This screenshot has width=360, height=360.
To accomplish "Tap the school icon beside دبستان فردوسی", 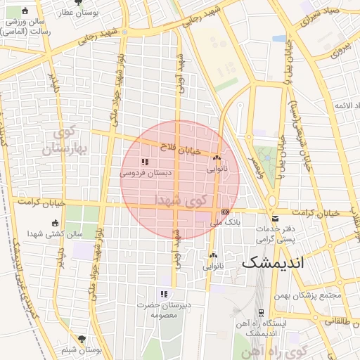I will [x=145, y=162].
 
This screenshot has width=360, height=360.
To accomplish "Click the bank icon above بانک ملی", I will [x=225, y=211].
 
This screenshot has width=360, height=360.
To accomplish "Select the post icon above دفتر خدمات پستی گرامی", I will [x=275, y=219].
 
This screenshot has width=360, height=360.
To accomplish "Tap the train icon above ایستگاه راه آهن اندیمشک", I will [x=261, y=311].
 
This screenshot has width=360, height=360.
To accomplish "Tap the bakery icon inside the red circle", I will [x=217, y=159].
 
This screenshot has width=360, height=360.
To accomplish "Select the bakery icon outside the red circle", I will [x=213, y=256].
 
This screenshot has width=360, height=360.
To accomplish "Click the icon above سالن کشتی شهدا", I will [x=56, y=224].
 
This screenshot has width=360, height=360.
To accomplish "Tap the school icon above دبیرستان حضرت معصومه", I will [x=164, y=294].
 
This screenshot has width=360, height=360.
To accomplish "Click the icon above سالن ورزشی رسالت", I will [x=26, y=11].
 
